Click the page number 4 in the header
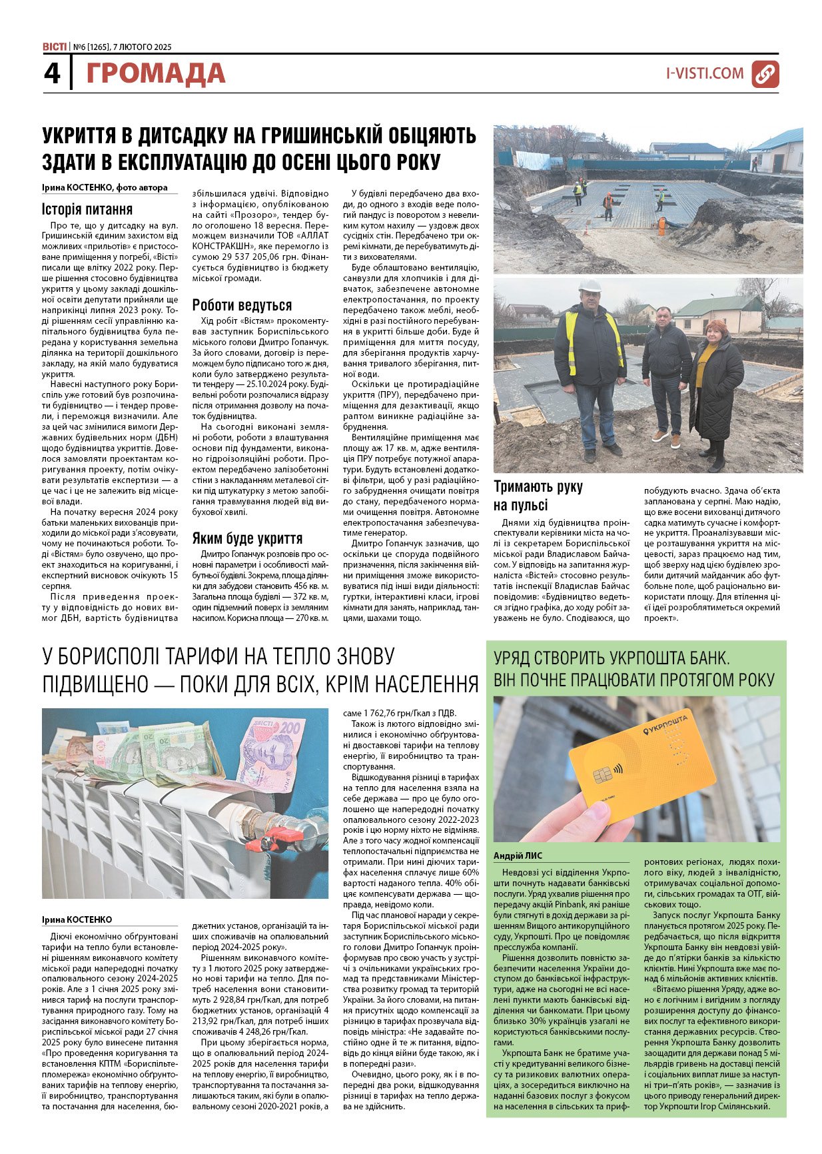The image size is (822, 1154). pos(52,73)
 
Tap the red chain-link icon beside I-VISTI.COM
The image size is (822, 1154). pos(765,74)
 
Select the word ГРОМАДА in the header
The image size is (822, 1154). pos(155,74)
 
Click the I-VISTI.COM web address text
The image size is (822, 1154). pos(705,73)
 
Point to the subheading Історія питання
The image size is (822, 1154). pos(87,209)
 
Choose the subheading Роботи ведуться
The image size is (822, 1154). pos(242,305)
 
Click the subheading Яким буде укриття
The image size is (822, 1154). pos(247,538)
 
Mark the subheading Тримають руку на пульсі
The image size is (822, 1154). pos(538,495)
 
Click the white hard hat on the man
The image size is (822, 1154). pos(590,285)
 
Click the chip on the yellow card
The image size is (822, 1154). pos(602,775)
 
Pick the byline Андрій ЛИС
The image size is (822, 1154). pos(518,856)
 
